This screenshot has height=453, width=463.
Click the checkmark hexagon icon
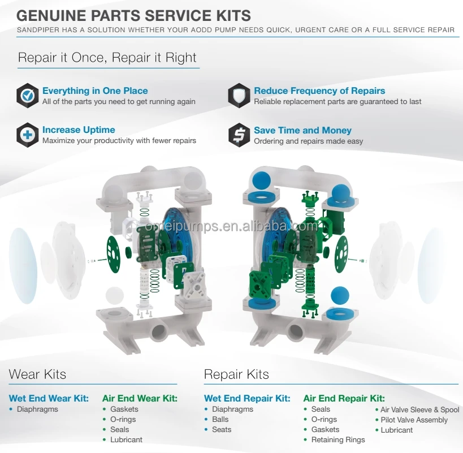28,96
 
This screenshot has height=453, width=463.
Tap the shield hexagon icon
239,96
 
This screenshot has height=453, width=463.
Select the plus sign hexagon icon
28,135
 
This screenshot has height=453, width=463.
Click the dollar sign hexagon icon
239,135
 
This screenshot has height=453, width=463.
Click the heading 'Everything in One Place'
95,90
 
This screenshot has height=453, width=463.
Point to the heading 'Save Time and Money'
302,130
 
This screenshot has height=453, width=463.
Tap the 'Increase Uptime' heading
79,130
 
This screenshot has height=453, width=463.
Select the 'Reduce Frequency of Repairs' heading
319,90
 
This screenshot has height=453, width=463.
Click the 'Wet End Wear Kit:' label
49,398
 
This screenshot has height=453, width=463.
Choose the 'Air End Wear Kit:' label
140,398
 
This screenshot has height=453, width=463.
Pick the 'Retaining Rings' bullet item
338,440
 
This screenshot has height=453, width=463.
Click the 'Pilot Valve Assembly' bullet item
414,420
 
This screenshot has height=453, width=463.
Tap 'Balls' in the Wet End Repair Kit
220,419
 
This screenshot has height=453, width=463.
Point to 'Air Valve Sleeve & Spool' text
419,409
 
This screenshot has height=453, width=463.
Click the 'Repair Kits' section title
236,374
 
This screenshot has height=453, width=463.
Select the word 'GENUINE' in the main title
51,16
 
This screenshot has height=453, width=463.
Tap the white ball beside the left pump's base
115,295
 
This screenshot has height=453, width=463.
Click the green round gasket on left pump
113,254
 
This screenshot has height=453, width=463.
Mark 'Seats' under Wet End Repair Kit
222,429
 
